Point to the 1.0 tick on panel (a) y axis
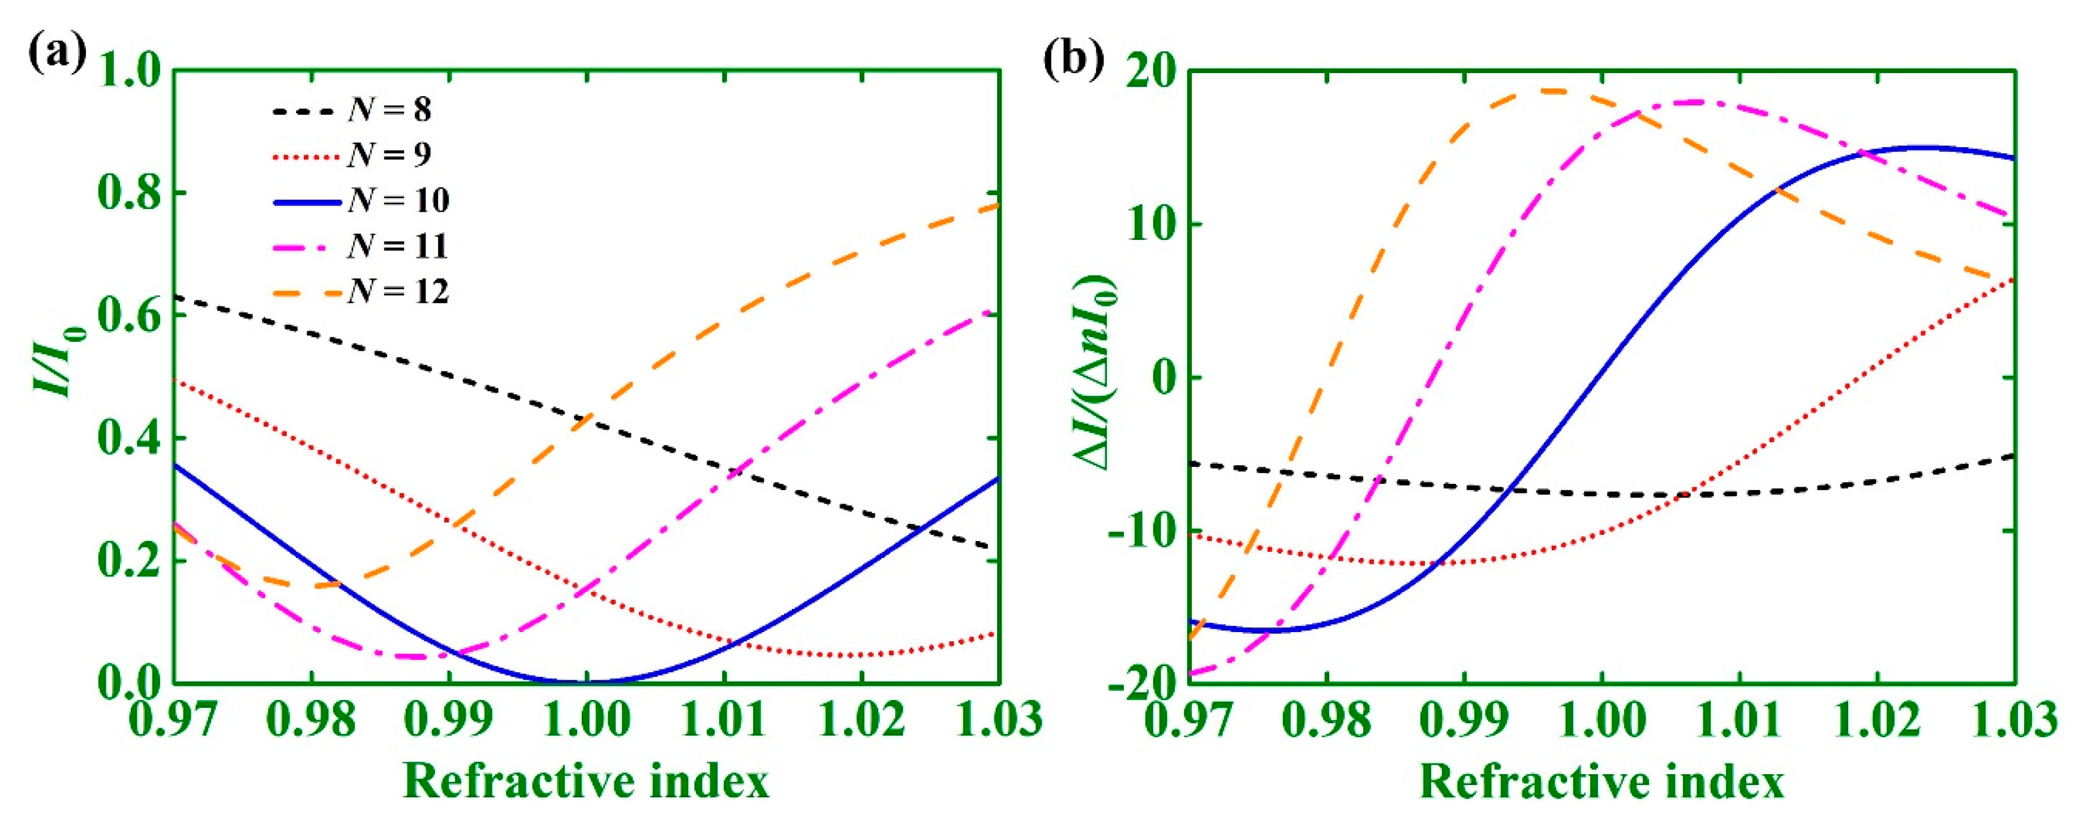pyautogui.click(x=131, y=71)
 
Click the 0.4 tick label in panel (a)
pyautogui.click(x=131, y=439)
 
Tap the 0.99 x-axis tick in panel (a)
pyautogui.click(x=448, y=719)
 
